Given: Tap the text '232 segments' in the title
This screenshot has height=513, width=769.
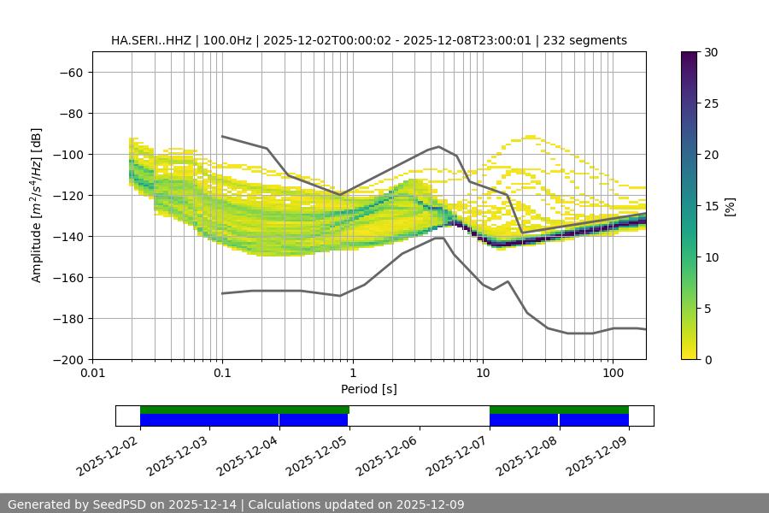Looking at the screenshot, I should (x=590, y=40).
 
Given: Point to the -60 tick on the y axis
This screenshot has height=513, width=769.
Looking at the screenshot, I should (x=71, y=72).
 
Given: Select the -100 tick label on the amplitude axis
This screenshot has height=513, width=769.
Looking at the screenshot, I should (x=68, y=154).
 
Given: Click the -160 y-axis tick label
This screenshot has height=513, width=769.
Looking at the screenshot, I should (x=68, y=277).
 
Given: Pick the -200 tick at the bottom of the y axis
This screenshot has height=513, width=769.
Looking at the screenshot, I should (x=68, y=359).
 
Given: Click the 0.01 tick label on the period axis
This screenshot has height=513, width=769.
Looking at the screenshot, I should (x=92, y=374).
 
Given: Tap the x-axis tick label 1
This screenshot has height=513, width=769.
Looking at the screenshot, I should (x=352, y=374).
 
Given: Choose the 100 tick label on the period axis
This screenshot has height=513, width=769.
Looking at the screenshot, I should (x=613, y=374).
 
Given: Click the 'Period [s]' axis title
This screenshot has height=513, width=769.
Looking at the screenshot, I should (x=369, y=389).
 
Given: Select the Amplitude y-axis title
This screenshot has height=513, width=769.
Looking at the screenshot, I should (x=36, y=205).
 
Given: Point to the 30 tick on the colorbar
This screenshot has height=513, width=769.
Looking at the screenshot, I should (x=709, y=52).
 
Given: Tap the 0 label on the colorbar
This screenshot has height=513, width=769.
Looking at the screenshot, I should (x=706, y=359).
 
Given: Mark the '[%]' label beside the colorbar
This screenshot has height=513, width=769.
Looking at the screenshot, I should (x=731, y=205).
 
